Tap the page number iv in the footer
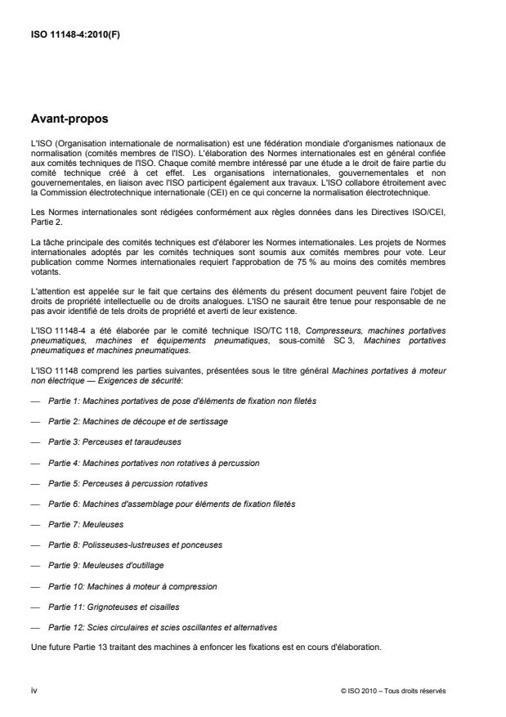click(x=34, y=689)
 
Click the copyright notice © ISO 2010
click(x=393, y=689)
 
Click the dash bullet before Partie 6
click(x=34, y=504)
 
